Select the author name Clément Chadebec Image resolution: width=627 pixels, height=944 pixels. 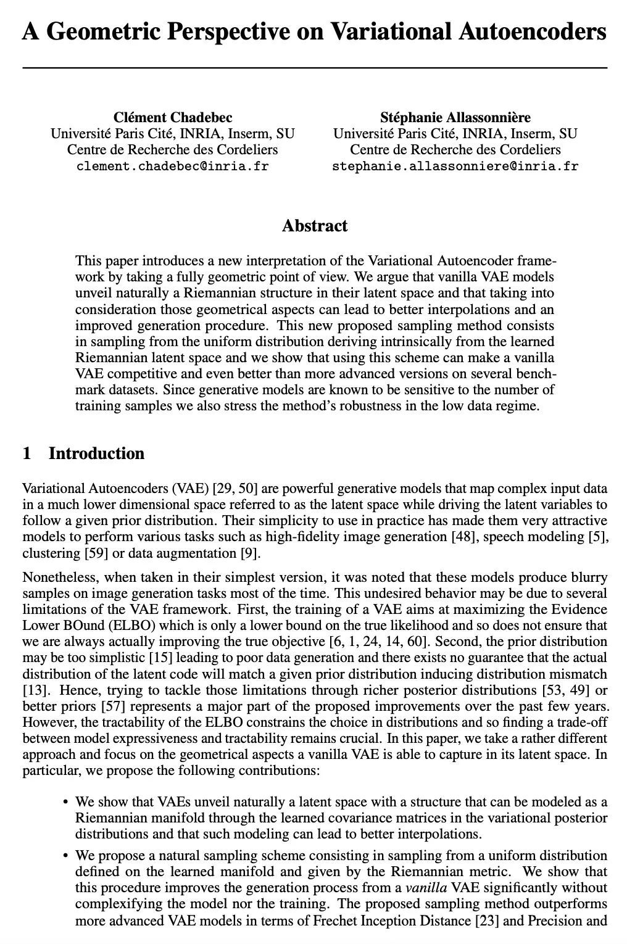[x=173, y=117]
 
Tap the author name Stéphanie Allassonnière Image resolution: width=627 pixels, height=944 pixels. [x=455, y=117]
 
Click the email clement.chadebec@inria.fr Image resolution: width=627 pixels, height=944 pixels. [x=173, y=166]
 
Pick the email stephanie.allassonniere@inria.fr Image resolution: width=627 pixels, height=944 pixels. [x=455, y=166]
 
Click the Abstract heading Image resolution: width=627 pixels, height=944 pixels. [x=315, y=226]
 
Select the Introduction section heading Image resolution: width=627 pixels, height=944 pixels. [x=96, y=453]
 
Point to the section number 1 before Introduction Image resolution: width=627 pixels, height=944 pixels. [x=27, y=453]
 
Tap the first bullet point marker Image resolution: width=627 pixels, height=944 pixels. [x=65, y=803]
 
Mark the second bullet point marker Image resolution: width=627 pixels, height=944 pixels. [x=65, y=856]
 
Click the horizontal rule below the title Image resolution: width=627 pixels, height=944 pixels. [x=315, y=67]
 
